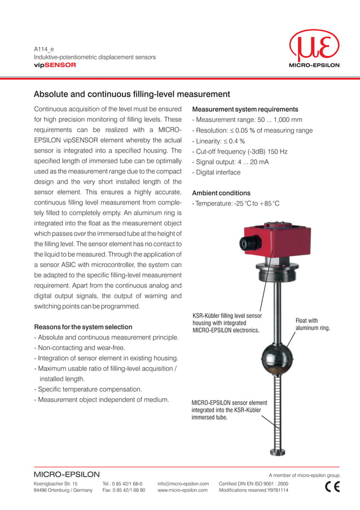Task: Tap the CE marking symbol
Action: pyautogui.click(x=333, y=487)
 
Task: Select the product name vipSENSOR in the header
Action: pyautogui.click(x=55, y=65)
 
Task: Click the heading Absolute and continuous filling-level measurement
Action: pyautogui.click(x=131, y=94)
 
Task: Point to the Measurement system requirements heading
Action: pyautogui.click(x=245, y=109)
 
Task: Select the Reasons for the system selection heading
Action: pyautogui.click(x=84, y=327)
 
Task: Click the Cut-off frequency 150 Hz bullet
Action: pyautogui.click(x=240, y=151)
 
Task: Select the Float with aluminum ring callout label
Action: pyautogui.click(x=313, y=324)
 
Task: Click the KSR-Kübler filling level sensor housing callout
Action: pyautogui.click(x=226, y=322)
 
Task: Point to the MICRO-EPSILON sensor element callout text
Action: pyautogui.click(x=229, y=410)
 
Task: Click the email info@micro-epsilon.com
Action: pyautogui.click(x=183, y=484)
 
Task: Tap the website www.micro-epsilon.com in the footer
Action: pyautogui.click(x=183, y=490)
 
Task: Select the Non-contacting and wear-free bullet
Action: pyautogui.click(x=80, y=348)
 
